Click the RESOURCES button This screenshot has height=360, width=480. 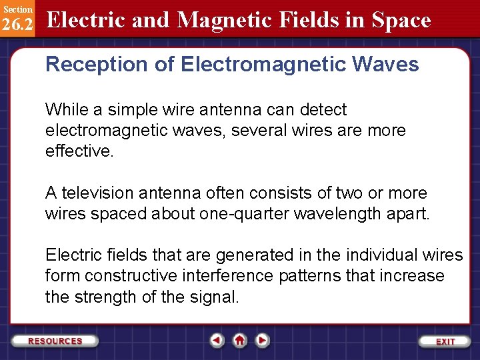[55, 341]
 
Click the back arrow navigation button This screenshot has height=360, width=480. [217, 341]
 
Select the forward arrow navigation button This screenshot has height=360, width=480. [263, 341]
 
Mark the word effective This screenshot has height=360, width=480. [79, 151]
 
